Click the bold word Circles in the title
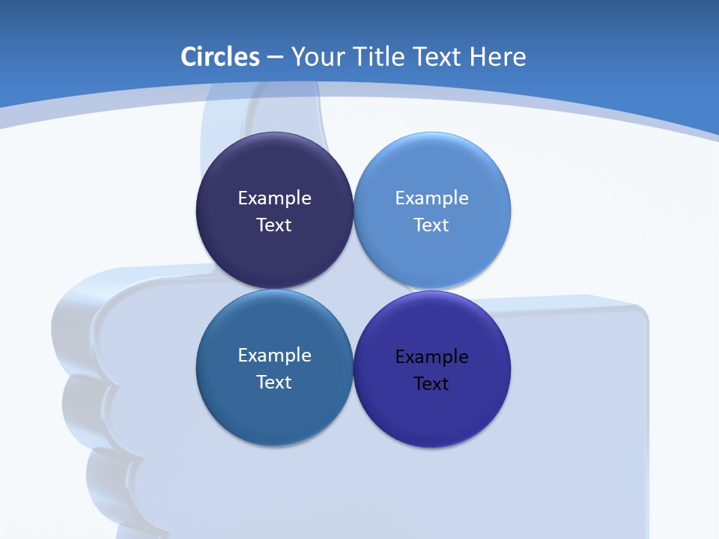(220, 57)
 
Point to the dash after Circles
(275, 58)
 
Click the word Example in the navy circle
(274, 198)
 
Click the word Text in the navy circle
(274, 225)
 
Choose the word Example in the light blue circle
(432, 198)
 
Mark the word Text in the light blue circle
(432, 225)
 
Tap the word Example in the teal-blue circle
(274, 356)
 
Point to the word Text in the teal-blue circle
(274, 383)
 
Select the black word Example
(432, 357)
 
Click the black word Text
(432, 384)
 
